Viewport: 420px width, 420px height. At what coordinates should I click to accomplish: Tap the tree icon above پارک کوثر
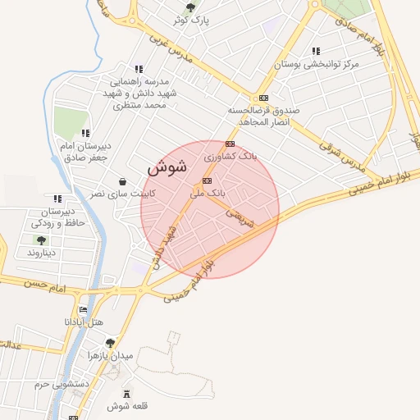(190, 7)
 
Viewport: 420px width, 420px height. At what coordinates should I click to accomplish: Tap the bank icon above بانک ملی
(207, 180)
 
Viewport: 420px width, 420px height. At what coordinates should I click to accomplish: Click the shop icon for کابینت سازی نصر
(122, 181)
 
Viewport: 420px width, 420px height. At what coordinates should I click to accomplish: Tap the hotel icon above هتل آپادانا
(83, 310)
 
